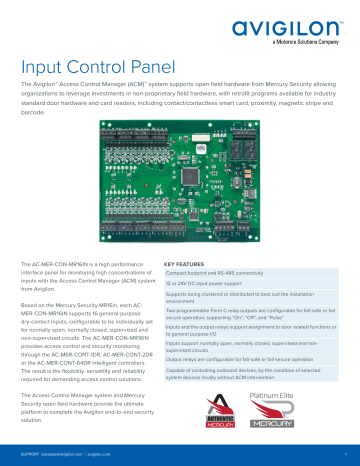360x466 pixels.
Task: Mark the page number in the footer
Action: pos(344,452)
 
